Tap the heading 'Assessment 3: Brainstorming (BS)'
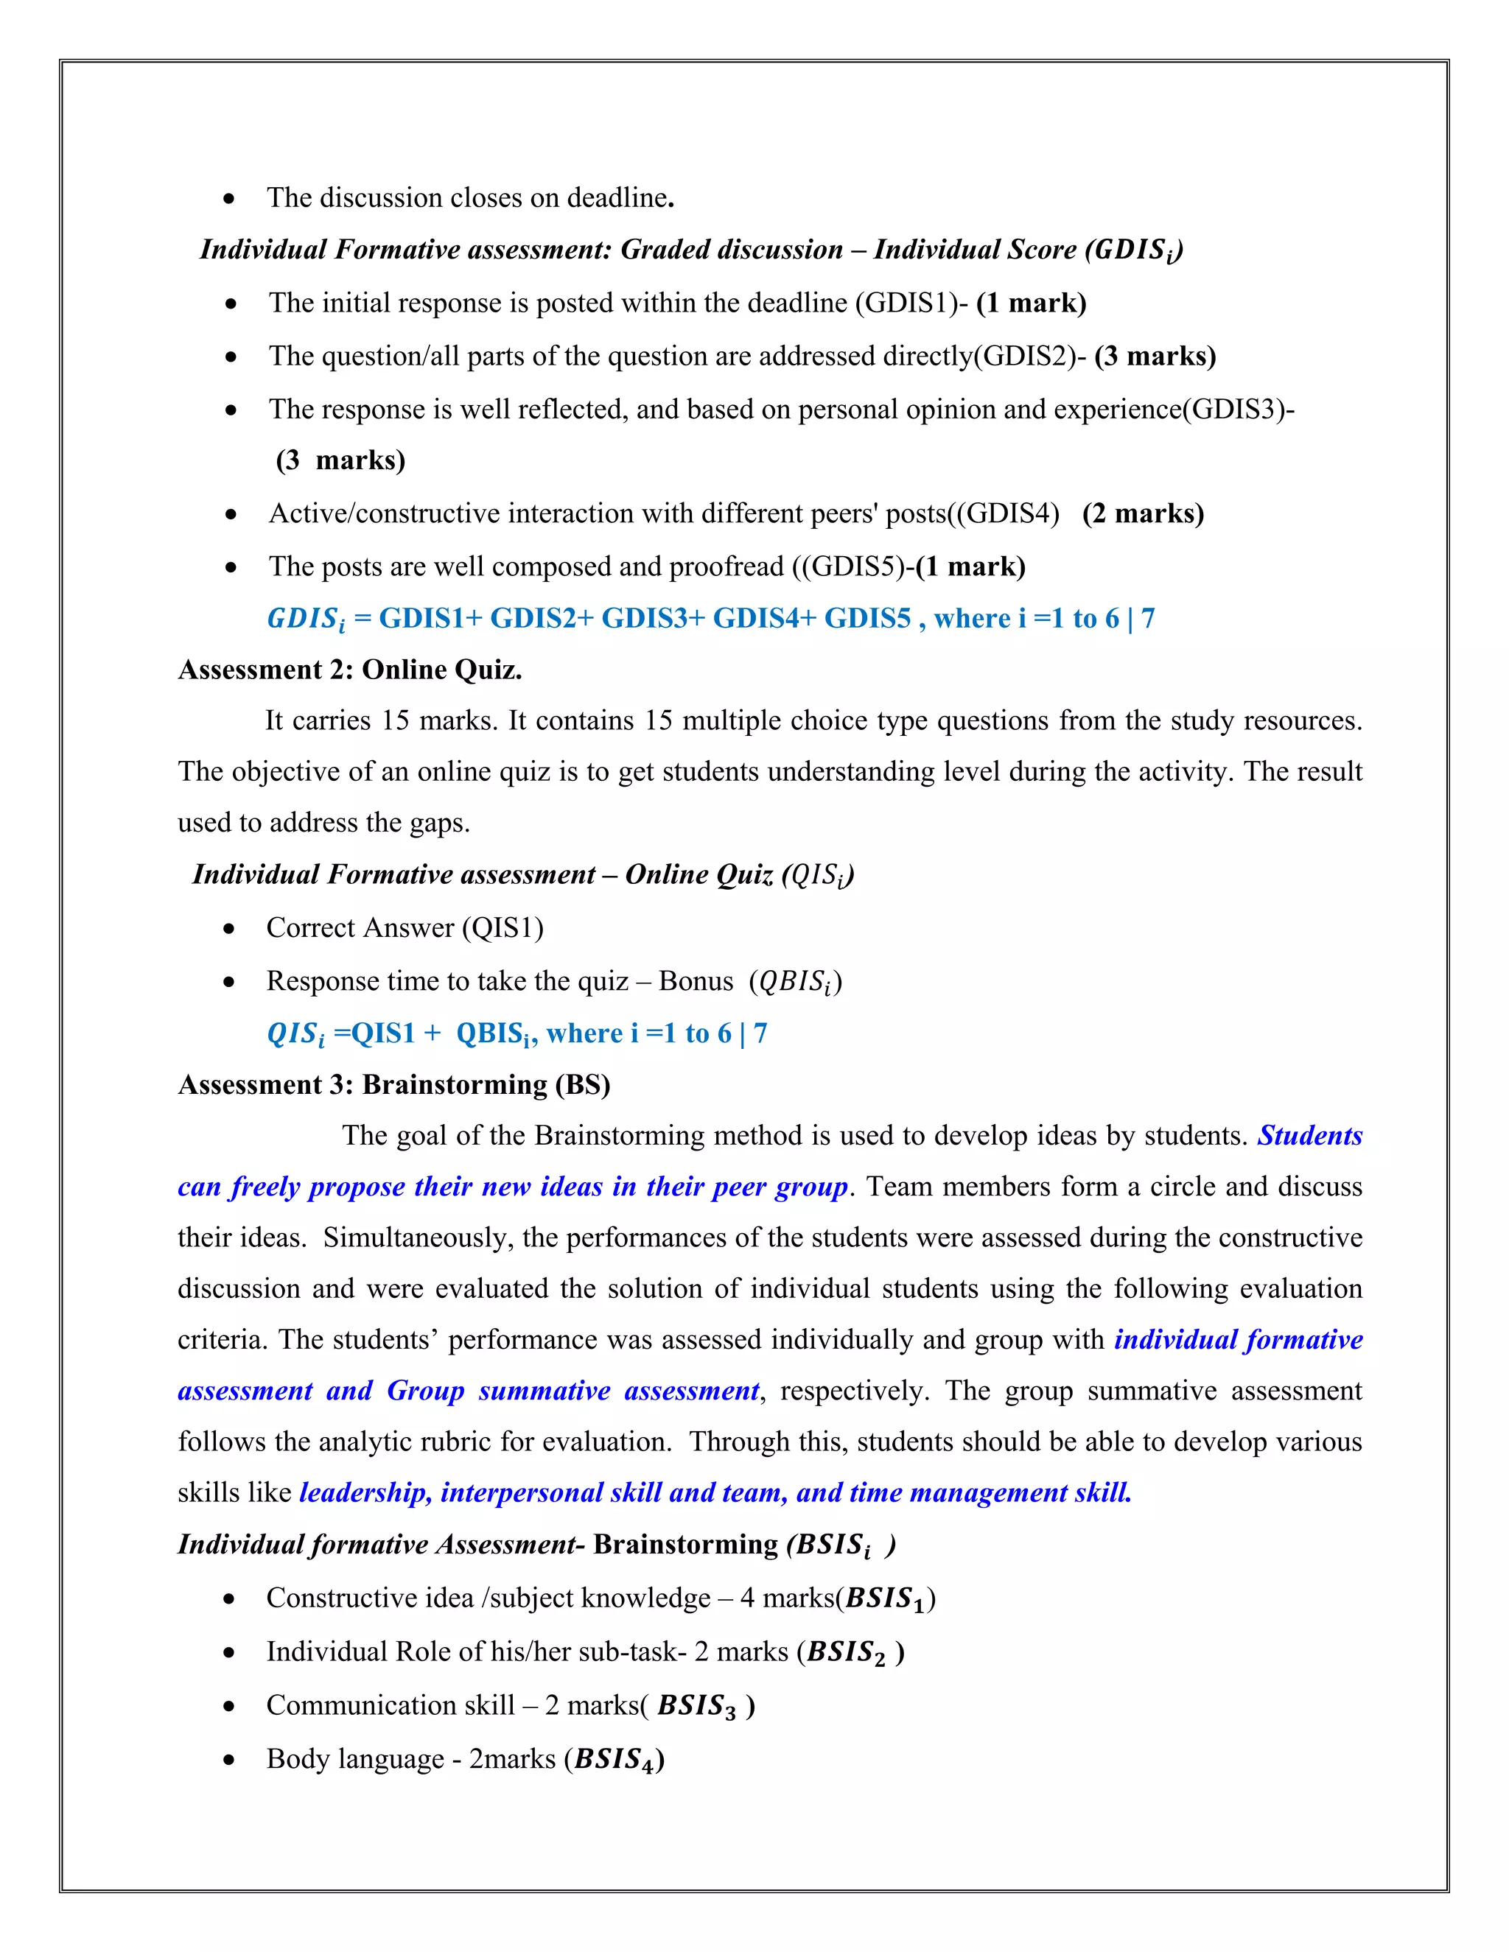pyautogui.click(x=394, y=1084)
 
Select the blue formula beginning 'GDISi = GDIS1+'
pyautogui.click(x=711, y=619)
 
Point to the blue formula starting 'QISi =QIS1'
pyautogui.click(x=517, y=1033)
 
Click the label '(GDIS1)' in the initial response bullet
pyautogui.click(x=905, y=303)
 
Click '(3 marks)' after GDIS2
pyautogui.click(x=1155, y=356)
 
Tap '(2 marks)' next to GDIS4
pyautogui.click(x=1143, y=513)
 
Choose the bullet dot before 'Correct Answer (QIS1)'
pyautogui.click(x=231, y=930)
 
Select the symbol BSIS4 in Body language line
pyautogui.click(x=617, y=1760)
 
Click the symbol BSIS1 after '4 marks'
pyautogui.click(x=884, y=1599)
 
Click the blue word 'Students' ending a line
pyautogui.click(x=1309, y=1135)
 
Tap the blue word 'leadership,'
pyautogui.click(x=365, y=1492)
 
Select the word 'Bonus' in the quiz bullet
pyautogui.click(x=696, y=981)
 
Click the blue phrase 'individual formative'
pyautogui.click(x=1238, y=1339)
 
